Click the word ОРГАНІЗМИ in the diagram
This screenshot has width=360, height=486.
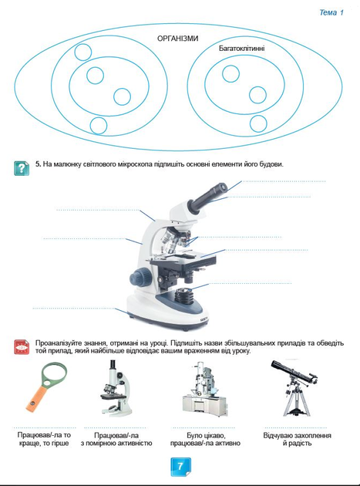(x=178, y=39)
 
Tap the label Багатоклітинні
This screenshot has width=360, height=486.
(x=241, y=49)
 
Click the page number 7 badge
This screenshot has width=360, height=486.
(x=180, y=467)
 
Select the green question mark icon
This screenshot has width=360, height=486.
(x=22, y=168)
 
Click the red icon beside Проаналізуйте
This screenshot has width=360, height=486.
(x=22, y=347)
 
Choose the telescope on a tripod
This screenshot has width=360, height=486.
(x=294, y=387)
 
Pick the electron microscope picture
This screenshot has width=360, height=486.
(x=205, y=388)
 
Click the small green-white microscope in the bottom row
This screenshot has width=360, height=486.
(x=116, y=388)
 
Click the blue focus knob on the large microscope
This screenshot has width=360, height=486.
(x=140, y=276)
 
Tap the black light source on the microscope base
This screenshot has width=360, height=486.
(x=185, y=295)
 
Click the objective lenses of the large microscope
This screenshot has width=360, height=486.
(x=176, y=238)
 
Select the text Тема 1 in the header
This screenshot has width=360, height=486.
(x=331, y=12)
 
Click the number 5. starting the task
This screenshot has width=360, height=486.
(x=38, y=164)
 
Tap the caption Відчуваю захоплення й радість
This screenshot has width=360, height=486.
(x=297, y=439)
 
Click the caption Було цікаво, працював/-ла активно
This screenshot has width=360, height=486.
(x=205, y=439)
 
